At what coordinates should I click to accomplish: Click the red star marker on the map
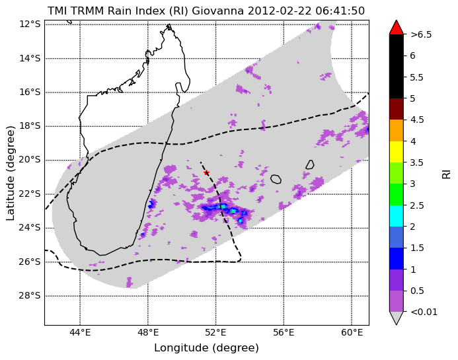click(206, 172)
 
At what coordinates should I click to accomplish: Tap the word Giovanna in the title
click(218, 11)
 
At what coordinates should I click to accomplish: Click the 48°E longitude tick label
click(148, 332)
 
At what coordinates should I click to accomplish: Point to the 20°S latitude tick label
click(30, 160)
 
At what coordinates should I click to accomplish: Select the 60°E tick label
click(352, 332)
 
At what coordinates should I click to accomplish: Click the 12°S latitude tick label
click(30, 24)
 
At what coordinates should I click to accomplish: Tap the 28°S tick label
click(30, 296)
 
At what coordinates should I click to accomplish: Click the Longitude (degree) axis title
click(206, 347)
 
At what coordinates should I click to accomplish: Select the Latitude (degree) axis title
click(10, 174)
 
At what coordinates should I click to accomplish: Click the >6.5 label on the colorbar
click(421, 34)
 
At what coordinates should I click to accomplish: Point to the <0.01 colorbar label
click(424, 312)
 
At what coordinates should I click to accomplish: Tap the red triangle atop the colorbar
click(397, 28)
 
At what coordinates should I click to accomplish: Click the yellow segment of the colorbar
click(397, 152)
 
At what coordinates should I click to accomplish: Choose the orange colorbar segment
click(397, 131)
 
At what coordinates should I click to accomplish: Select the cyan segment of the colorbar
click(397, 216)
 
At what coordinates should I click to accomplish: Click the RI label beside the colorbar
click(447, 173)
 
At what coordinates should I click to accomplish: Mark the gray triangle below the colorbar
click(397, 318)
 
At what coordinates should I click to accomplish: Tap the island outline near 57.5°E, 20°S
click(307, 164)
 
